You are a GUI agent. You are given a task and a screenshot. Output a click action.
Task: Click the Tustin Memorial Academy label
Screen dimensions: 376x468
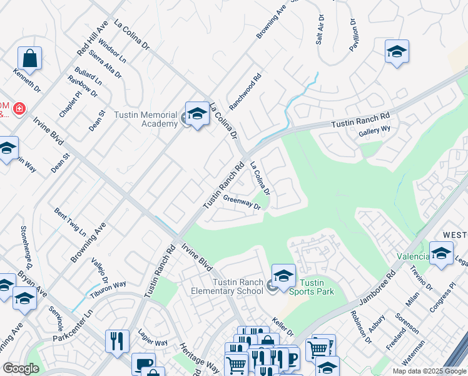pos(146,119)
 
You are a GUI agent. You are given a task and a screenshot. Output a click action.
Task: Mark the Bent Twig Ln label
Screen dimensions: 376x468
pos(70,222)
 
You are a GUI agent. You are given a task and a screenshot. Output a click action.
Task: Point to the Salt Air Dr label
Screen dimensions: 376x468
pos(320,29)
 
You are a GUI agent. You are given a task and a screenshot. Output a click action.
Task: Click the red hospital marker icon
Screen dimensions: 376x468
pos(19,109)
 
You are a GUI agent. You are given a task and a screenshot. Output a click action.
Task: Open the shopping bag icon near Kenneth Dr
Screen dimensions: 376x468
pos(29,60)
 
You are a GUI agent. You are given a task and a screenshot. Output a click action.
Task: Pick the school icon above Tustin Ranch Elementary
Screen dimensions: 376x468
pos(283,275)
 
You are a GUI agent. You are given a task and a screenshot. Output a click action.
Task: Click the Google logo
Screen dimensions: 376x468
pos(21,368)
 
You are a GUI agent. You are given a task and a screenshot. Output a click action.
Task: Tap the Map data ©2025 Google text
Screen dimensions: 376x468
pos(429,371)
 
